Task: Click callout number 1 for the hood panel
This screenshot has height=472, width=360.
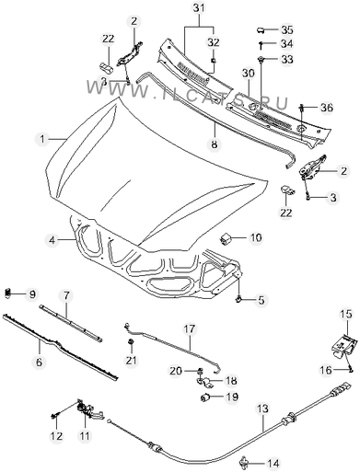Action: click(x=42, y=139)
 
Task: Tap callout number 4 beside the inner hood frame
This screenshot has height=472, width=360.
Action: click(x=52, y=240)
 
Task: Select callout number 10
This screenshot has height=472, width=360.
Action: click(x=256, y=237)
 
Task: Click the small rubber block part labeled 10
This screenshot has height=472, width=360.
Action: click(x=225, y=238)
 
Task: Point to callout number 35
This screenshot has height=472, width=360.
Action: click(x=287, y=29)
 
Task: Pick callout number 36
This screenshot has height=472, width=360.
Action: click(x=327, y=108)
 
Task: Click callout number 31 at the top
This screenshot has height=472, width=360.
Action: click(x=199, y=8)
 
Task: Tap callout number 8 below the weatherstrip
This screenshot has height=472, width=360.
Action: click(x=215, y=144)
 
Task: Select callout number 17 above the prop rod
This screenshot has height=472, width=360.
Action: click(x=190, y=329)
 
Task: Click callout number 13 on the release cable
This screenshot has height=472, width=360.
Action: click(x=262, y=409)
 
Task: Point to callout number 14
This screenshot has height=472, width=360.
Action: click(x=273, y=463)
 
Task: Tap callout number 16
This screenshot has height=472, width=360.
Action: click(x=327, y=370)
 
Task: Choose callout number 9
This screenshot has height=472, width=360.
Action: click(x=32, y=294)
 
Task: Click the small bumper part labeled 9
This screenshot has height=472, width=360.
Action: click(x=7, y=293)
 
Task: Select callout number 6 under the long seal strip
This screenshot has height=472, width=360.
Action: click(x=39, y=362)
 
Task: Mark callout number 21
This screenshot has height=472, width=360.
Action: click(x=131, y=360)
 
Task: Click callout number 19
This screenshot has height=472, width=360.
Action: click(x=232, y=397)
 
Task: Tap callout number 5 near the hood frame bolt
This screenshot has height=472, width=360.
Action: click(x=261, y=300)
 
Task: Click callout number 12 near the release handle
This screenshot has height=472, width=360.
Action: click(x=56, y=435)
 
